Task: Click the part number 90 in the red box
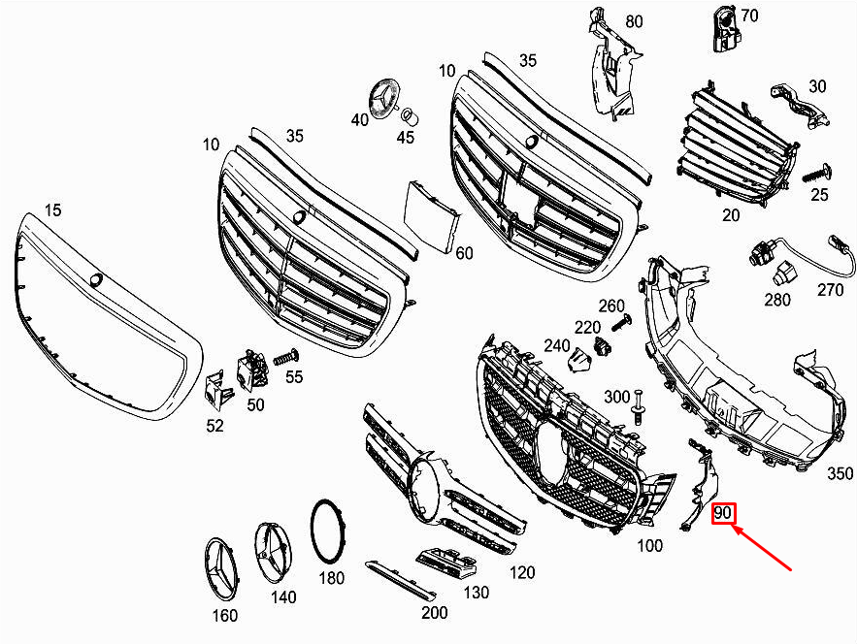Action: [x=723, y=512]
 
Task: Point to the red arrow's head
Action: [x=736, y=529]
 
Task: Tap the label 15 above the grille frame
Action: [x=53, y=210]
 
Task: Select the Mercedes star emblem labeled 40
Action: [x=383, y=101]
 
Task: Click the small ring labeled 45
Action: [x=410, y=116]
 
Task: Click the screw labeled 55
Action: [x=284, y=357]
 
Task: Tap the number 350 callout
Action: [x=840, y=473]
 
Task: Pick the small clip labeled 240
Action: [x=579, y=360]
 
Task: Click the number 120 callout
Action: [x=521, y=572]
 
